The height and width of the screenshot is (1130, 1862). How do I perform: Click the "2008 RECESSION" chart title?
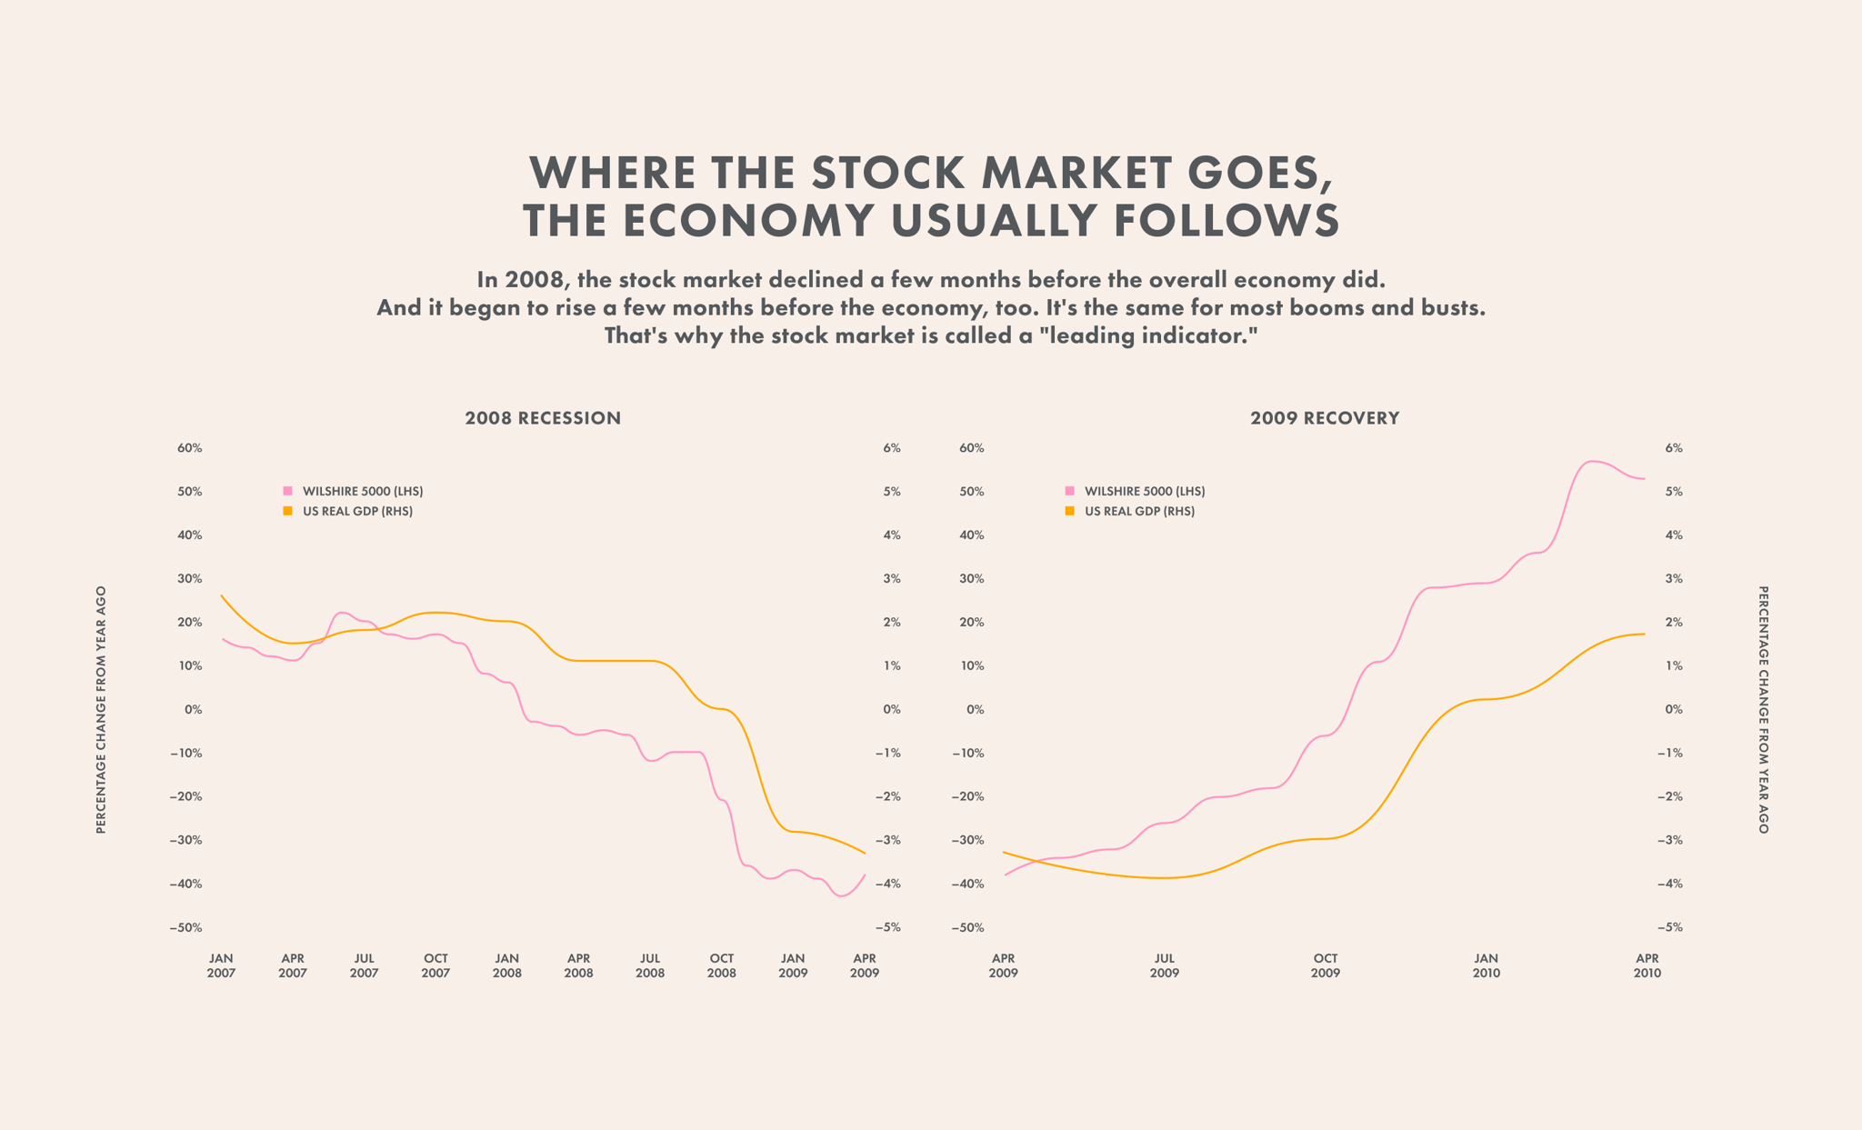[x=543, y=418]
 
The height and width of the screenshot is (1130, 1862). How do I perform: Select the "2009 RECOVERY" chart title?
[x=1325, y=418]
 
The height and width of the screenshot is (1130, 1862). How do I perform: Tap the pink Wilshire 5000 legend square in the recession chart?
[x=288, y=491]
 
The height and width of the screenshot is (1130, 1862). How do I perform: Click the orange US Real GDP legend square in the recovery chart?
[x=1070, y=511]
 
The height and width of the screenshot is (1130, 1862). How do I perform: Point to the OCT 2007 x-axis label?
[x=435, y=965]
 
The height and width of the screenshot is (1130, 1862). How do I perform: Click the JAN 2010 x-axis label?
[x=1487, y=965]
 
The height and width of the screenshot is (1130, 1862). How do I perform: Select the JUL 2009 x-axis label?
[x=1164, y=965]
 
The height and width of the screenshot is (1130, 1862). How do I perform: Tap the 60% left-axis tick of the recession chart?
[x=190, y=448]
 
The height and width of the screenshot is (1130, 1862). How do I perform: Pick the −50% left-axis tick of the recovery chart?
[x=968, y=927]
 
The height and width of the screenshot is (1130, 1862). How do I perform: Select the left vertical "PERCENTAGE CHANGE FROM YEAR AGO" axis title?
[x=101, y=709]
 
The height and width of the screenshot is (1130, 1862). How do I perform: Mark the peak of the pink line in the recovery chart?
[x=1590, y=462]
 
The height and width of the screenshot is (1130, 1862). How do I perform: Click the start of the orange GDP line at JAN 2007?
[x=222, y=595]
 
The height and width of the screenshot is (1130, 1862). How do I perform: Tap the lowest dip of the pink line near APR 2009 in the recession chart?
[x=841, y=896]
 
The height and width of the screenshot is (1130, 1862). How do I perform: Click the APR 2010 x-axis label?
[x=1647, y=965]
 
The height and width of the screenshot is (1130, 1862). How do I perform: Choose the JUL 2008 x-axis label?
[x=650, y=965]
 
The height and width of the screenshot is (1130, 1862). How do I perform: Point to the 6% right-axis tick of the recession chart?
[x=891, y=448]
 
